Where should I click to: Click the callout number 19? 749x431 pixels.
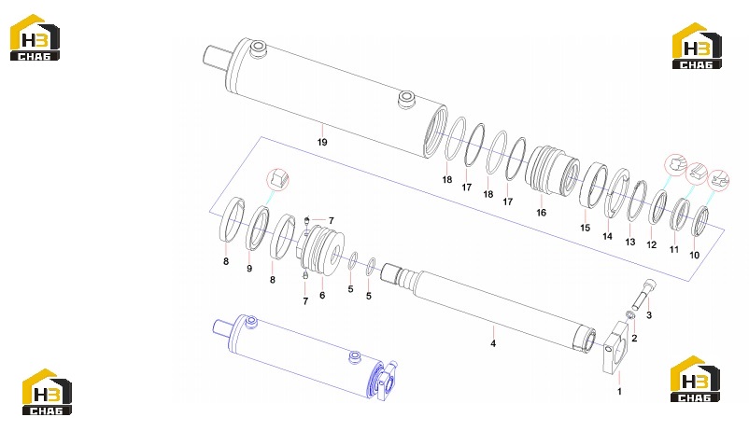[322, 142]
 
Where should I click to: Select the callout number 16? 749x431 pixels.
[542, 213]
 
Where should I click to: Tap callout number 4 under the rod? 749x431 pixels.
[493, 343]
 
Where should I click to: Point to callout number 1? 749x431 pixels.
[619, 392]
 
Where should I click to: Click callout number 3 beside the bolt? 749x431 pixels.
[649, 315]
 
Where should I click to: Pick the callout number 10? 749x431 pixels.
[695, 256]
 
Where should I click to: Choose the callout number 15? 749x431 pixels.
[586, 229]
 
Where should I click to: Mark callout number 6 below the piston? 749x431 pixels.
[322, 296]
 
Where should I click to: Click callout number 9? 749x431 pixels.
[249, 269]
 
